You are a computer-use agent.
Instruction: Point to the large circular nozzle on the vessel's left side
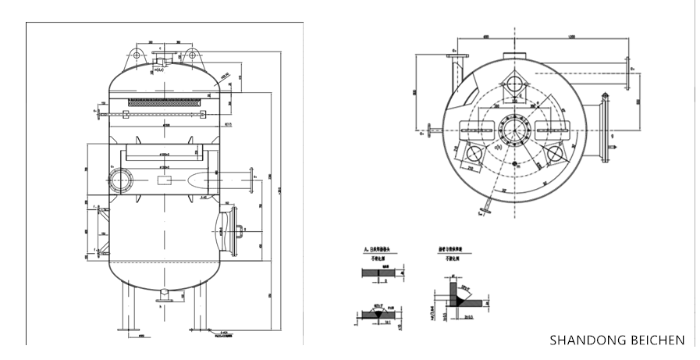pyautogui.click(x=120, y=179)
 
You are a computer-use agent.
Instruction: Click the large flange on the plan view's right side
pyautogui.click(x=606, y=127)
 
